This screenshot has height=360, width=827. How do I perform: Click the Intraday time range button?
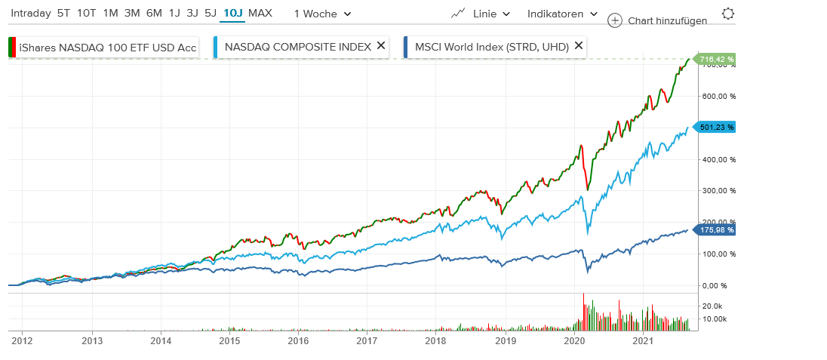pyautogui.click(x=31, y=14)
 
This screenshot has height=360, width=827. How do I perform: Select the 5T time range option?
pyautogui.click(x=63, y=14)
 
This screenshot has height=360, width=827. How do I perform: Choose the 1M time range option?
pyautogui.click(x=110, y=14)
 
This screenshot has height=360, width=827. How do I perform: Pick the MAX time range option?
pyautogui.click(x=260, y=14)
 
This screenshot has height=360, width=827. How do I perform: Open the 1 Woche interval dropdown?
pyautogui.click(x=322, y=14)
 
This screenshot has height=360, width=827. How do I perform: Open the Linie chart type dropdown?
pyautogui.click(x=481, y=14)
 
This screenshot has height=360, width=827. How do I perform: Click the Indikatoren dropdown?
pyautogui.click(x=562, y=14)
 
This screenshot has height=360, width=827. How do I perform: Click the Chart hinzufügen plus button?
pyautogui.click(x=615, y=20)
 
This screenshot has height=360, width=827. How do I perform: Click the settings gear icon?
pyautogui.click(x=727, y=14)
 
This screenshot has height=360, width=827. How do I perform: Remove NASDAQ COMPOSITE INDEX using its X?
pyautogui.click(x=381, y=46)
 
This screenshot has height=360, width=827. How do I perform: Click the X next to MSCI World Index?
pyautogui.click(x=579, y=46)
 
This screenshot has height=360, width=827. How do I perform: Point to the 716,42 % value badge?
pyautogui.click(x=716, y=58)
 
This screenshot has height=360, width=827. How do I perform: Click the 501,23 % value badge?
pyautogui.click(x=716, y=127)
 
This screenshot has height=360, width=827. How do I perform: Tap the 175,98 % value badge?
pyautogui.click(x=716, y=229)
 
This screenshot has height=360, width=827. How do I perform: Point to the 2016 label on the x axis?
pyautogui.click(x=298, y=341)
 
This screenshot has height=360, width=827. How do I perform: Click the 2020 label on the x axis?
pyautogui.click(x=575, y=341)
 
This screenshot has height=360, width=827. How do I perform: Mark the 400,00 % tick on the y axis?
pyautogui.click(x=716, y=159)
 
